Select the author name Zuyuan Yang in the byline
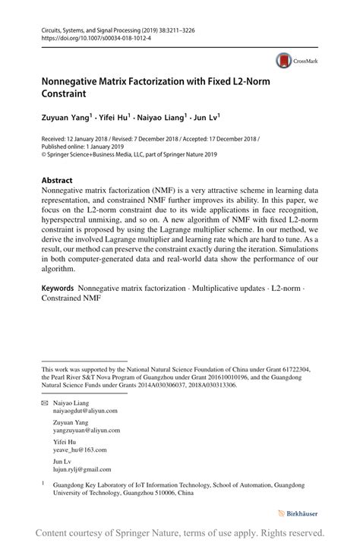tap(66, 118)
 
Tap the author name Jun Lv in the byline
tap(205, 118)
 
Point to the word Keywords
tap(57, 289)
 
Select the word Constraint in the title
tap(64, 95)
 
